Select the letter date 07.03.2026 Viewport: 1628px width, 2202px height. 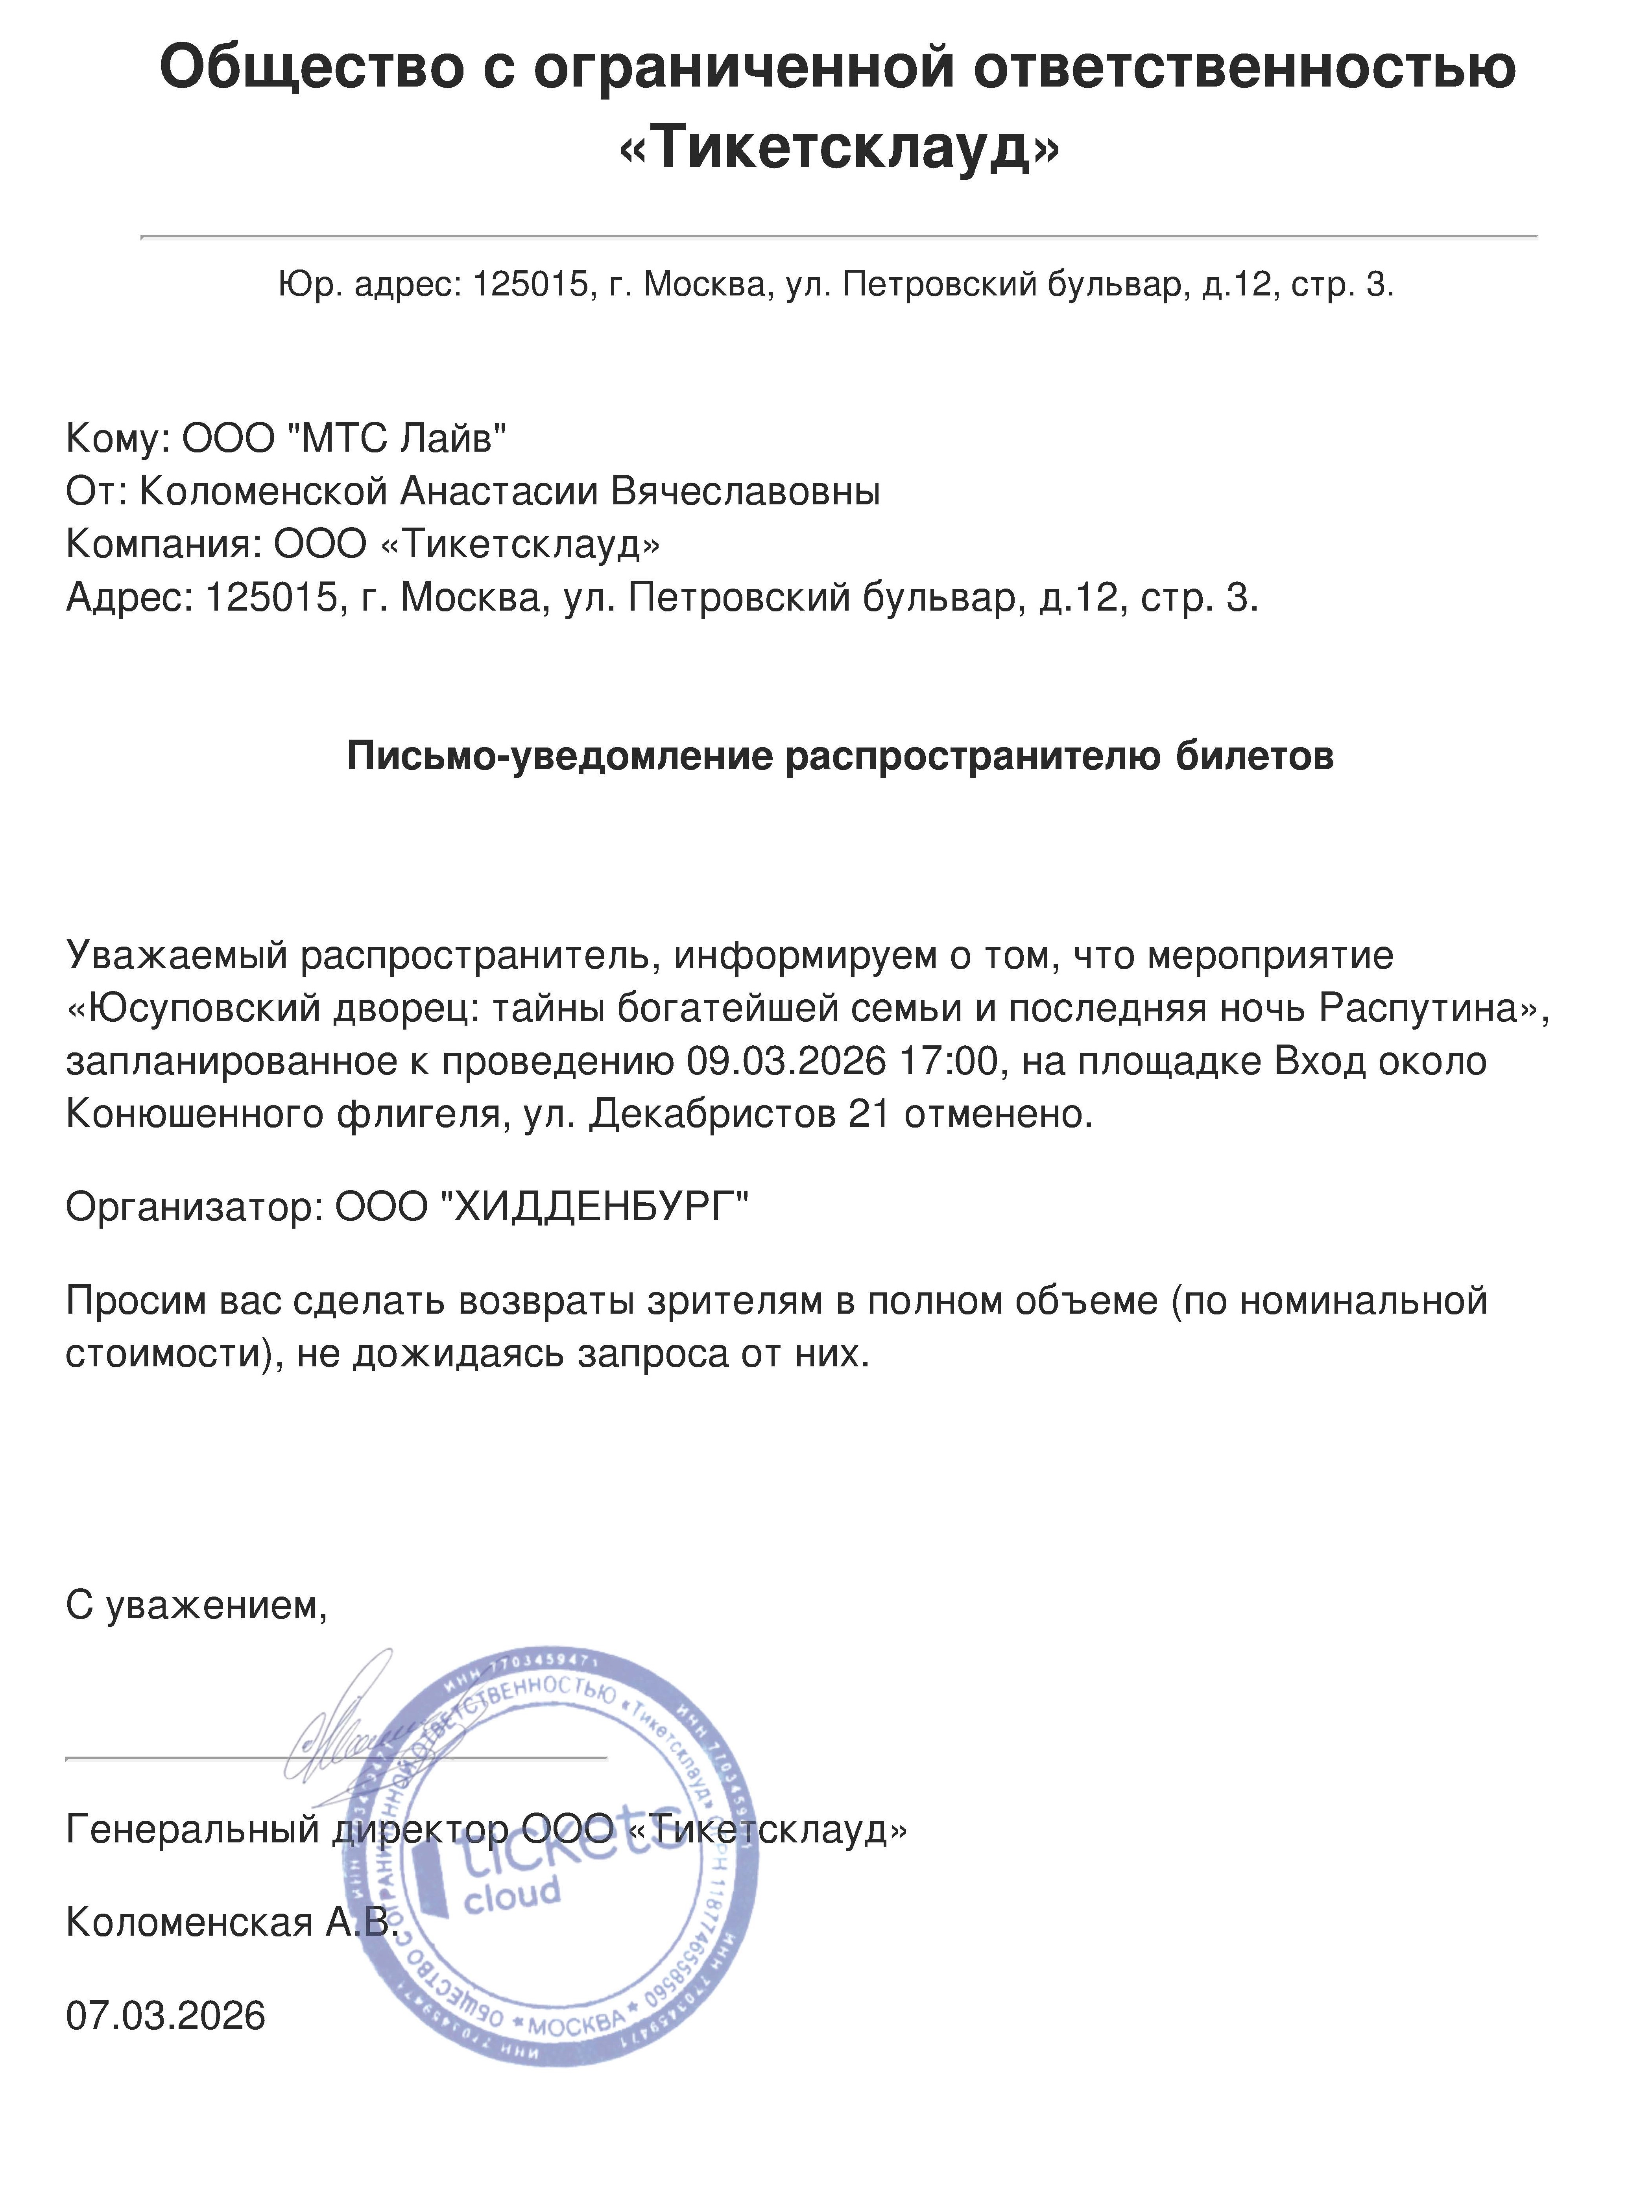coord(166,2016)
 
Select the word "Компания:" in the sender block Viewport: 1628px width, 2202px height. coord(162,544)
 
